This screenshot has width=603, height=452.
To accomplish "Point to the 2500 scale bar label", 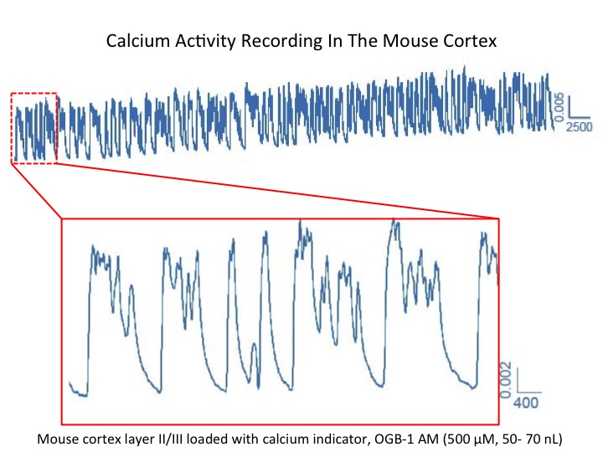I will pos(579,126).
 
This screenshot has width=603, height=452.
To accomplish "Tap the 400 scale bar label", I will pos(525,403).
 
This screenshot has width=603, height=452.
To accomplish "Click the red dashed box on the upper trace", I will pos(34,94).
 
